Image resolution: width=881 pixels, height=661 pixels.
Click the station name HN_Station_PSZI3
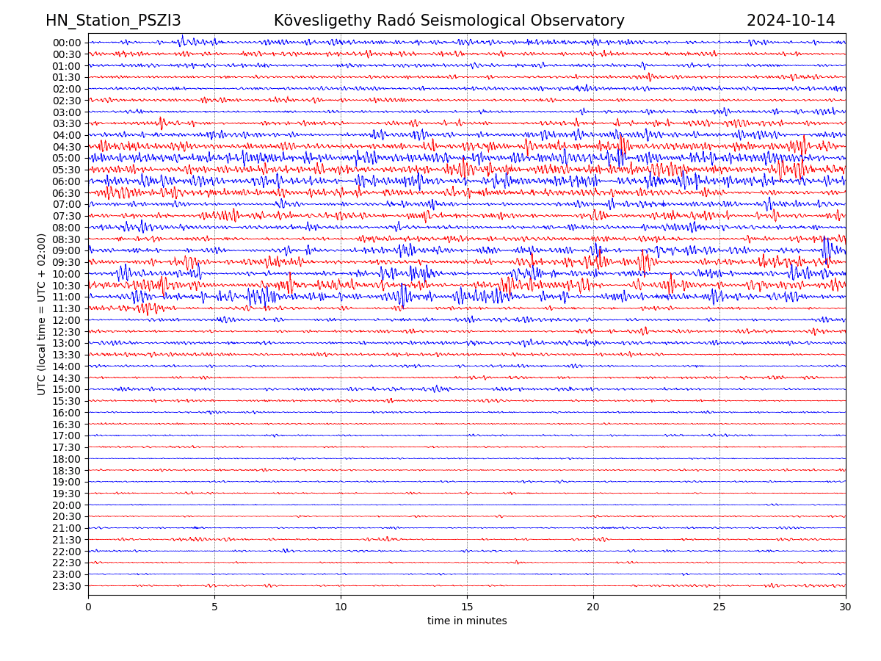coord(113,21)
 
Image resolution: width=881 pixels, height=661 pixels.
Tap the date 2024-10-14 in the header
coord(791,21)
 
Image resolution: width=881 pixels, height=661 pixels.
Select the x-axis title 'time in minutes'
coord(467,621)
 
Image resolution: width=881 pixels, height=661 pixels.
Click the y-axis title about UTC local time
coord(42,314)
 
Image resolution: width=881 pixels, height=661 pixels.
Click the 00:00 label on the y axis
coord(67,43)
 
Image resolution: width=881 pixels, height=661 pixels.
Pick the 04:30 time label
coord(67,147)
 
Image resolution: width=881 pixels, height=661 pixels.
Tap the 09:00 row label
coord(67,250)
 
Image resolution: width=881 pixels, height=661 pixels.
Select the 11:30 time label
coord(67,308)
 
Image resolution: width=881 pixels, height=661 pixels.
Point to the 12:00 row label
coord(67,320)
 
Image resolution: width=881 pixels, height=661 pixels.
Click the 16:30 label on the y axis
coord(67,425)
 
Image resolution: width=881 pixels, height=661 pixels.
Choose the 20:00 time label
coord(67,505)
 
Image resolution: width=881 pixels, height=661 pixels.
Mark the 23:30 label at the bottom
coord(67,586)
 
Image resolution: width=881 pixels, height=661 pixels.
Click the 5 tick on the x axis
coord(214,607)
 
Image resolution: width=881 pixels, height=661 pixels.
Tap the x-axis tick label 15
coord(467,607)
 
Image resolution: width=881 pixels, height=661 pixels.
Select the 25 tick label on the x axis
coord(719,607)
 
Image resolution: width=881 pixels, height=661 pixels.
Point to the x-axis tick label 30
coord(846,607)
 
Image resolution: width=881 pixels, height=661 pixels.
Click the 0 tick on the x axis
coord(88,607)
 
